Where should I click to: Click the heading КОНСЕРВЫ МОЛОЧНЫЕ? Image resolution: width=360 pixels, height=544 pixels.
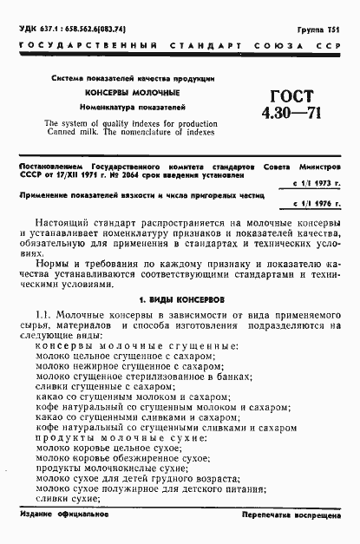click(x=132, y=92)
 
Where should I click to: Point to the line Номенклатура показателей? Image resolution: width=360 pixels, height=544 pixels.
click(x=132, y=107)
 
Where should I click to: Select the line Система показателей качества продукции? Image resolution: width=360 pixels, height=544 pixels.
click(x=132, y=78)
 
